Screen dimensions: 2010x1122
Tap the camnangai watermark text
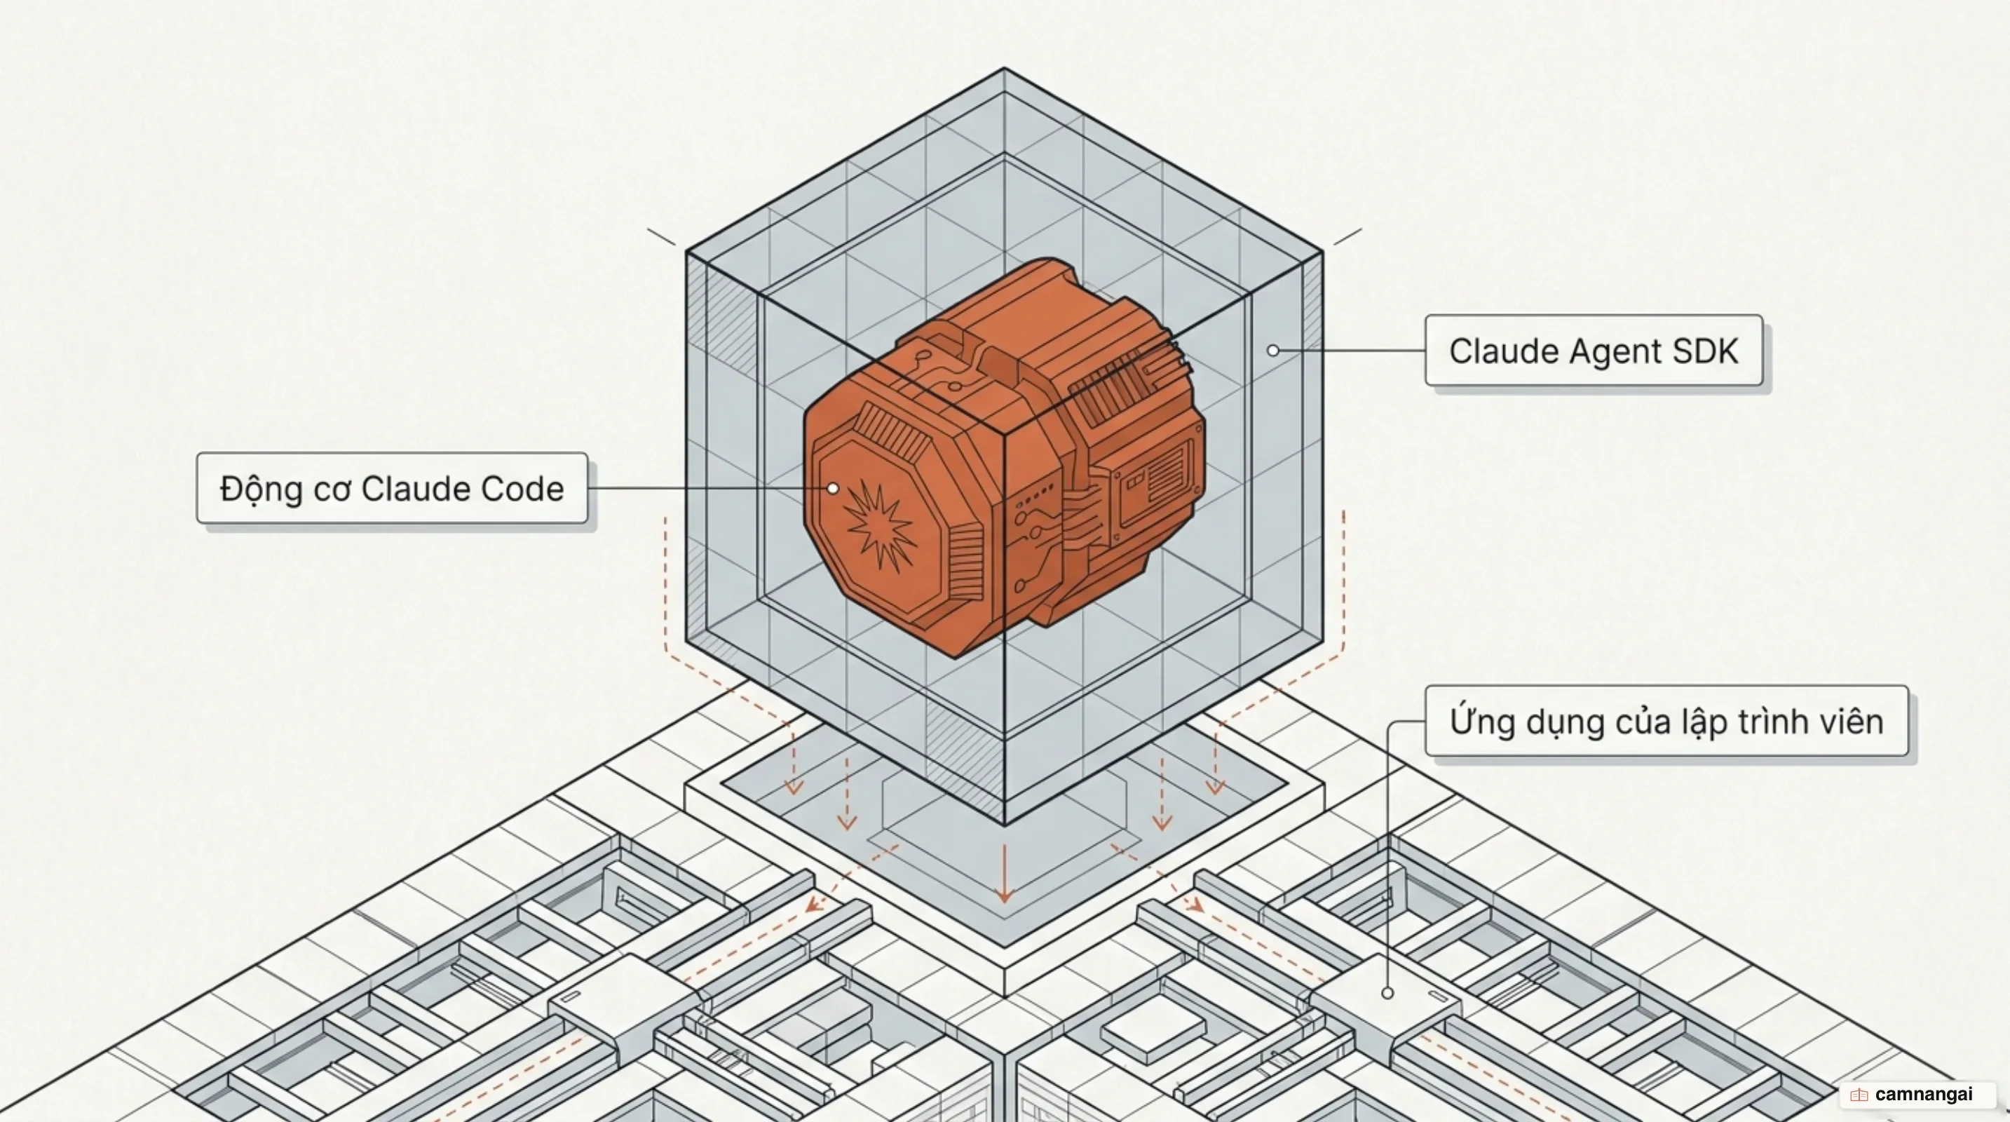click(1923, 1095)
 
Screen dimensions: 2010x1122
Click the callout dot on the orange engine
click(834, 489)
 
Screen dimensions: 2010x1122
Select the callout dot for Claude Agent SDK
click(1272, 351)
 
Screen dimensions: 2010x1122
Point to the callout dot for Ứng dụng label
click(1387, 993)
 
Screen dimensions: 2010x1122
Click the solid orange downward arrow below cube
click(1004, 873)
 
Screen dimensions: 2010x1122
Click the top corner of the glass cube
click(1004, 69)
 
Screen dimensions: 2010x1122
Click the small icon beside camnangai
click(1859, 1095)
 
